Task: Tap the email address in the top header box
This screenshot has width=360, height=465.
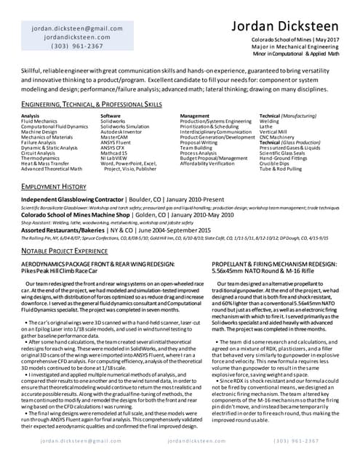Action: (x=67, y=28)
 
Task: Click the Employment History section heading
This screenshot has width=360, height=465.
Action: (x=54, y=187)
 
